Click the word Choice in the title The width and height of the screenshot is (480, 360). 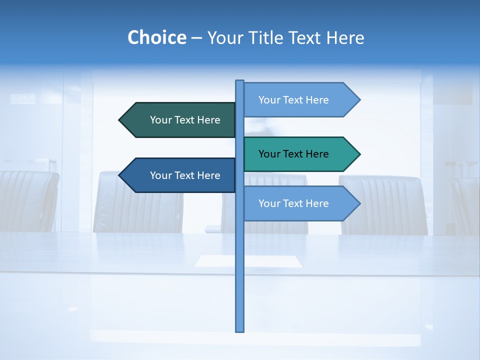point(156,38)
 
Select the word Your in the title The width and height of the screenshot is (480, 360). point(224,38)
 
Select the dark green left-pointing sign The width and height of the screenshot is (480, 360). point(180,120)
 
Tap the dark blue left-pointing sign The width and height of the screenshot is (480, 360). point(180,175)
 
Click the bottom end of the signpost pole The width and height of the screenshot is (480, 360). point(239,330)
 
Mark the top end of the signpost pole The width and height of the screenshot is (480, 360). point(239,81)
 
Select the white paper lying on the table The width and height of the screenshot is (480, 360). point(248,261)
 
